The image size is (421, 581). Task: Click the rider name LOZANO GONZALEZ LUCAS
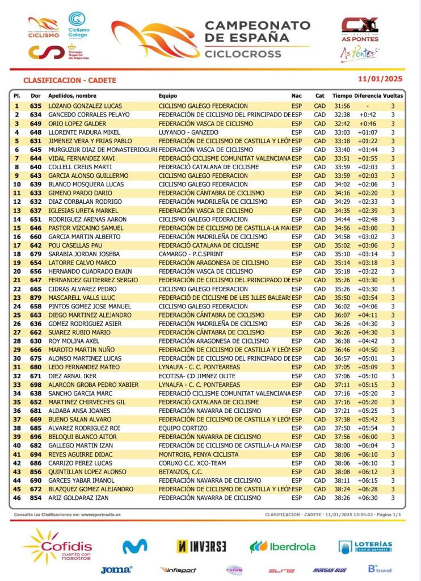[x=85, y=106]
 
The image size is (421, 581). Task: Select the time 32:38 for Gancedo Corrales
[x=342, y=115]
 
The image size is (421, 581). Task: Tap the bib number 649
[x=36, y=123]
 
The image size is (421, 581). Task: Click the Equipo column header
[x=168, y=96]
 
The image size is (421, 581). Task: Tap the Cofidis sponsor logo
[x=58, y=546]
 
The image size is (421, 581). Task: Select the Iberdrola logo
[x=283, y=547]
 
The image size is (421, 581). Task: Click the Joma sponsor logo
[x=116, y=570]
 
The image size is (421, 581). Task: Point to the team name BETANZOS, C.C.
[x=181, y=472]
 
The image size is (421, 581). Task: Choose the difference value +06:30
[x=368, y=498]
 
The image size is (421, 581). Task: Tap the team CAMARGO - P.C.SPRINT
[x=191, y=254]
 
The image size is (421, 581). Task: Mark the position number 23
[x=17, y=298]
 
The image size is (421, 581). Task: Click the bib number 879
[x=36, y=298]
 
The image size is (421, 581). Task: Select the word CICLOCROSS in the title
[x=242, y=55]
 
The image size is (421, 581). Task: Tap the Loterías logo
[x=365, y=546]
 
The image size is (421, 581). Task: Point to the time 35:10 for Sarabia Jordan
[x=342, y=254]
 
